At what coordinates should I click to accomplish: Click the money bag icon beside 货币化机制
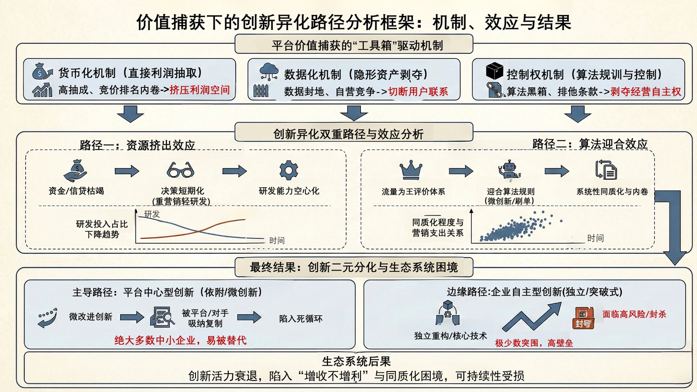(42, 72)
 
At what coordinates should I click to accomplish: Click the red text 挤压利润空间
(199, 90)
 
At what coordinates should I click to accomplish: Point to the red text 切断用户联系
(418, 92)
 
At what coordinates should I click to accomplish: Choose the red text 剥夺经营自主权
(645, 92)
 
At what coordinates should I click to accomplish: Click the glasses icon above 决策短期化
(180, 170)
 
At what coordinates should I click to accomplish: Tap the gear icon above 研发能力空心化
(288, 170)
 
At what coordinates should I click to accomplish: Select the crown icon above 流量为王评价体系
(411, 170)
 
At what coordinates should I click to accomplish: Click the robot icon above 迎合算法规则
(509, 170)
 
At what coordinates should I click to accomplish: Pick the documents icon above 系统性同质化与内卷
(606, 170)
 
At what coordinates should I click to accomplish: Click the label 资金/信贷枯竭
(76, 191)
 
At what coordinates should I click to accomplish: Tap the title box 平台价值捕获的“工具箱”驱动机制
(354, 45)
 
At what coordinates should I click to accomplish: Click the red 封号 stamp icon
(583, 318)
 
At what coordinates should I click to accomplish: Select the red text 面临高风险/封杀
(634, 314)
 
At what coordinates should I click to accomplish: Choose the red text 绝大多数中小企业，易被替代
(180, 340)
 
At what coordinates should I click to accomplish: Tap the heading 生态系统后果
(356, 361)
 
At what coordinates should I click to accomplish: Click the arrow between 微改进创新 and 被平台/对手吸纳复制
(131, 317)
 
